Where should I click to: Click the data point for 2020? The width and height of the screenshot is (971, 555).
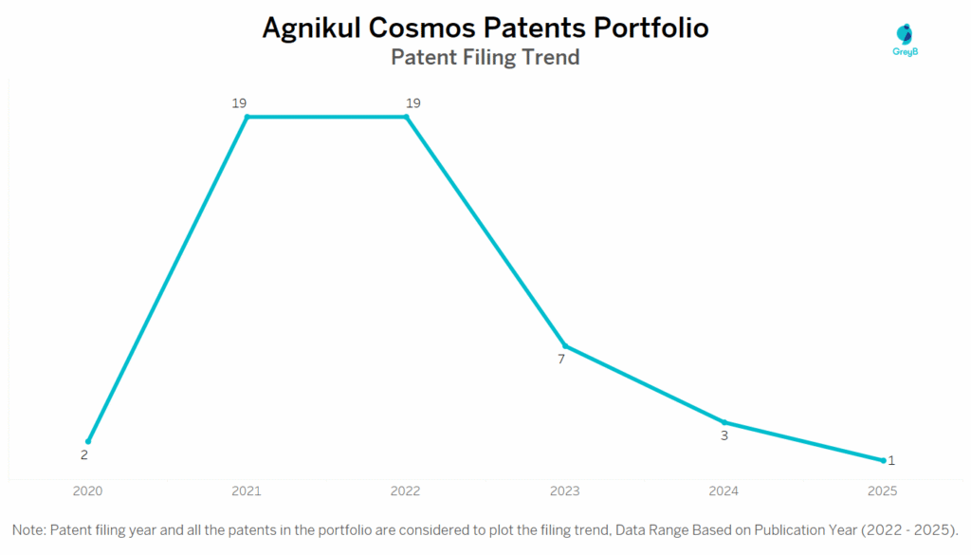[88, 441]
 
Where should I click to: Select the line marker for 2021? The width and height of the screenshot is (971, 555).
[247, 117]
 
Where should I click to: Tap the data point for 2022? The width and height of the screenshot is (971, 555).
[407, 117]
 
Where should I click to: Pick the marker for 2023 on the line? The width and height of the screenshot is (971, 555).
[565, 345]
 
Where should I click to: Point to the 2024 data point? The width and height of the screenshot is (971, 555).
[724, 422]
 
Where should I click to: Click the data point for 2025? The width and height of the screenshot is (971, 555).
[883, 460]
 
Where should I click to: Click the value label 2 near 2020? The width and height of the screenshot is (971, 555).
[83, 455]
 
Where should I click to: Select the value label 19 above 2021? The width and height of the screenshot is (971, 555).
[240, 102]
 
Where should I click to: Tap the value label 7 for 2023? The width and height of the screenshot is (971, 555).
[561, 360]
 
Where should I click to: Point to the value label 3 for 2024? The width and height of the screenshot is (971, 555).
[724, 436]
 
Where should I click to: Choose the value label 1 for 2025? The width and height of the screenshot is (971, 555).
[891, 460]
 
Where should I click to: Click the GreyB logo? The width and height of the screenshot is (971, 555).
[906, 40]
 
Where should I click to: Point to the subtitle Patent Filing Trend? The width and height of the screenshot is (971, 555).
[485, 58]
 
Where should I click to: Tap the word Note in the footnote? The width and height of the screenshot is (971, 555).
[29, 528]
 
